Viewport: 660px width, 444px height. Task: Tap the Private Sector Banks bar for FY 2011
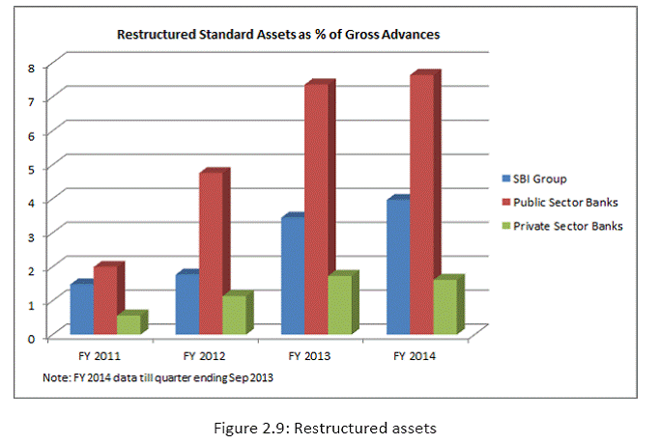pos(128,324)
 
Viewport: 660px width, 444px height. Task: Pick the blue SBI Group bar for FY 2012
pos(186,304)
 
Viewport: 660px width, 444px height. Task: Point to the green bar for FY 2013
pos(340,305)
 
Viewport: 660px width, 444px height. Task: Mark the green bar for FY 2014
pos(445,307)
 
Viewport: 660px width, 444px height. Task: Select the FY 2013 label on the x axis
pos(309,356)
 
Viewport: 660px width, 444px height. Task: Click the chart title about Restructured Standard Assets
pos(278,35)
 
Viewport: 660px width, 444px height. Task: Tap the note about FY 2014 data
pos(158,377)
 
